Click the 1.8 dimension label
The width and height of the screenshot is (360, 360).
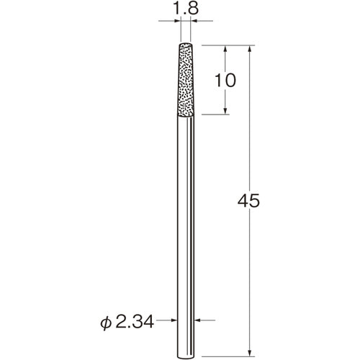pos(186,9)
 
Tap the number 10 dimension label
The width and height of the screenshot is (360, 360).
pos(225,81)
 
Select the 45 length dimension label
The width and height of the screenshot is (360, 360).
pos(249,200)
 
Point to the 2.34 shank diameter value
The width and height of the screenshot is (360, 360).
pos(135,322)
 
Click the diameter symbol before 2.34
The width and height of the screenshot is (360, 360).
pos(106,323)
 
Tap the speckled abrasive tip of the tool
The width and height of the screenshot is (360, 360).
pos(186,80)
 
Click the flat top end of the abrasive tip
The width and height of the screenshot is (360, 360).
pos(186,44)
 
